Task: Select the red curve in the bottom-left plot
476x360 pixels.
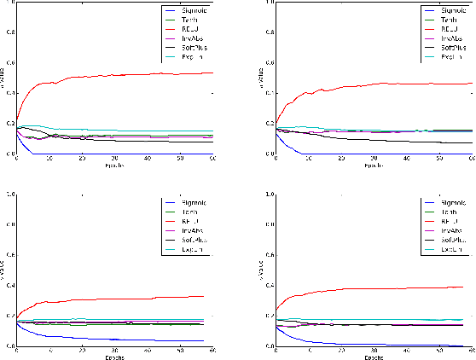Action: click(x=128, y=299)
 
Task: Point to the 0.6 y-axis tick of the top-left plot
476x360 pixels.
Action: click(x=9, y=62)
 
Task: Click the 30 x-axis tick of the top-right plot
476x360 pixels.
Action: click(x=374, y=160)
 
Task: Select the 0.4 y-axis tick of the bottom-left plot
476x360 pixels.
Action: click(x=9, y=286)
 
